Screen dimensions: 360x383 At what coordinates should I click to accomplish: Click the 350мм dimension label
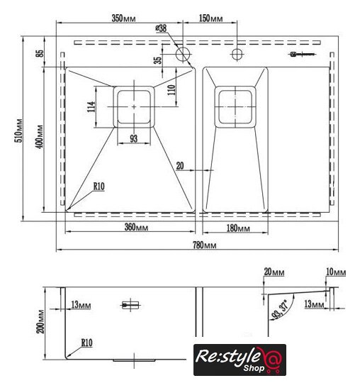(x=123, y=18)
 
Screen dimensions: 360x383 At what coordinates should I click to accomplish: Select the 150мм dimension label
(x=210, y=18)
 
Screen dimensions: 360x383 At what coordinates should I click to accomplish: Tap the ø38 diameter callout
(x=161, y=28)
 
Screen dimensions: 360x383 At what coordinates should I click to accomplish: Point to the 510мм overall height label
(x=19, y=131)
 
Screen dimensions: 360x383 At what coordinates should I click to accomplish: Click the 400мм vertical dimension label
(x=40, y=137)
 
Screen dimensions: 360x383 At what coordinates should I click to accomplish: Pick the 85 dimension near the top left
(x=40, y=53)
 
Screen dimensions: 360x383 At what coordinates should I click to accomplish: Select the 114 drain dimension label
(x=91, y=106)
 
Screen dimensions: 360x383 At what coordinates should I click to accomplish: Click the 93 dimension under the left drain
(x=133, y=138)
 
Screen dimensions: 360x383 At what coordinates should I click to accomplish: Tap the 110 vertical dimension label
(x=171, y=90)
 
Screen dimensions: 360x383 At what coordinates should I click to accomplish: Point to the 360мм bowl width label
(x=136, y=227)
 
